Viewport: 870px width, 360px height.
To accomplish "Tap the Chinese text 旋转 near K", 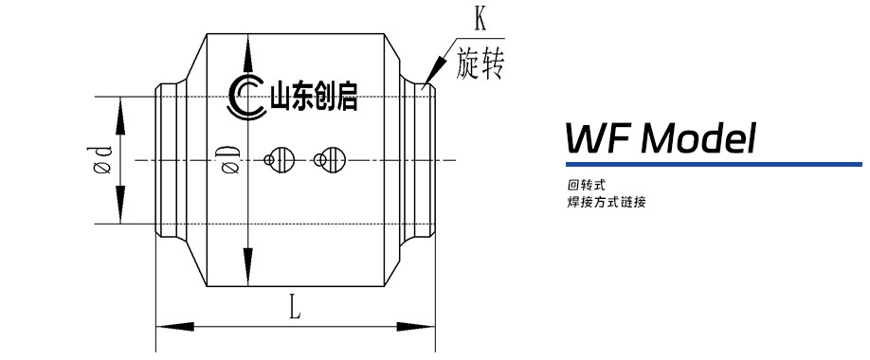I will coord(479,62).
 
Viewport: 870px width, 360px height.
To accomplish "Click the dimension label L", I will coord(295,306).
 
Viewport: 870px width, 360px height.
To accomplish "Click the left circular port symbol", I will coord(281,159).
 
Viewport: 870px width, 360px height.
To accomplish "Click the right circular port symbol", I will coord(330,159).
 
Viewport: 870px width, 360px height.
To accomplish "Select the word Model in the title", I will coord(698,139).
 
